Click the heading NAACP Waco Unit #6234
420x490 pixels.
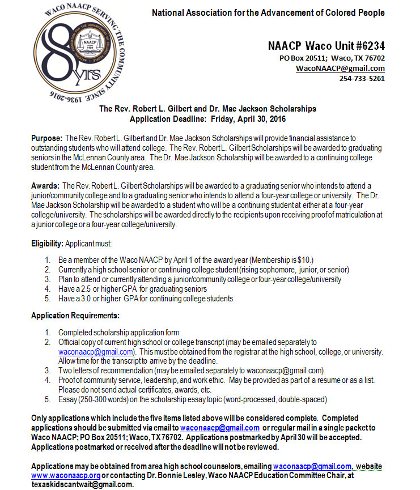[326, 46]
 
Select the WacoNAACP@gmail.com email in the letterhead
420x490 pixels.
[340, 68]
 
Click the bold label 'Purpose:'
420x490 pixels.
[47, 138]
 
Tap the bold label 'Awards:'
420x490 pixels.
[45, 186]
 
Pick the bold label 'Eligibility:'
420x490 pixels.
[48, 243]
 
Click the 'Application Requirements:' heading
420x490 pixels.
[75, 316]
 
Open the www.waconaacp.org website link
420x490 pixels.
[66, 476]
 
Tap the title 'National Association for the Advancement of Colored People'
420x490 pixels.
[268, 12]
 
